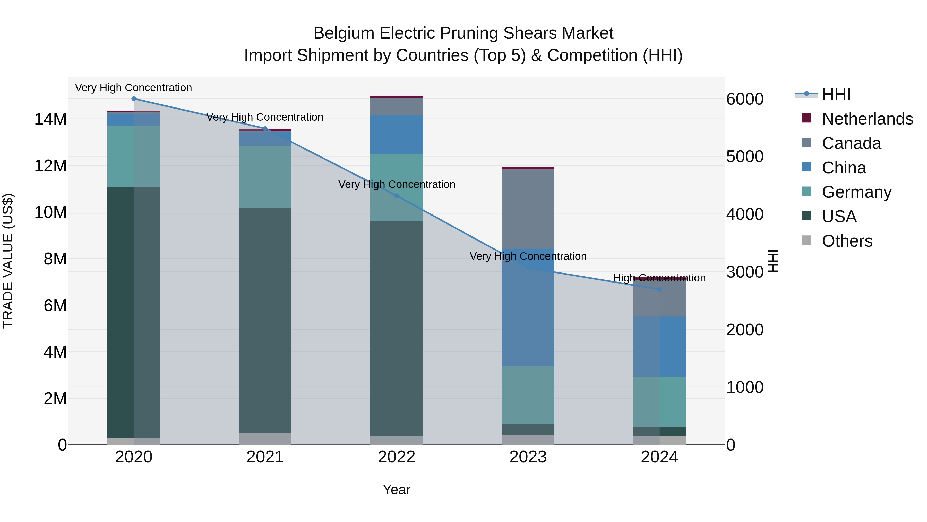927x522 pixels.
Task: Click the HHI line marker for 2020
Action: pos(133,99)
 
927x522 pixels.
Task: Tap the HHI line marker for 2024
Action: pos(659,289)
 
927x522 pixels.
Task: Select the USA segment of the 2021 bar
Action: pos(265,321)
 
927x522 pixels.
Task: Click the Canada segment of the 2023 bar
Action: pos(528,209)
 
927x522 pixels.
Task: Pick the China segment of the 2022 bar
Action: pos(397,134)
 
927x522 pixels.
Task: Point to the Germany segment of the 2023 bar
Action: pos(528,395)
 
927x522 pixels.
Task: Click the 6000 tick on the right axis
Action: pos(744,99)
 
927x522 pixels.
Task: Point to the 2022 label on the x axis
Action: pos(397,457)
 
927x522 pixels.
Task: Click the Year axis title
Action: pos(397,490)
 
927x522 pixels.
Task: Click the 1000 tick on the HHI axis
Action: pos(744,387)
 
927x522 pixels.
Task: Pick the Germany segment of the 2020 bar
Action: pos(133,156)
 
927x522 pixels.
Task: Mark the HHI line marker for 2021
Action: pos(265,129)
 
